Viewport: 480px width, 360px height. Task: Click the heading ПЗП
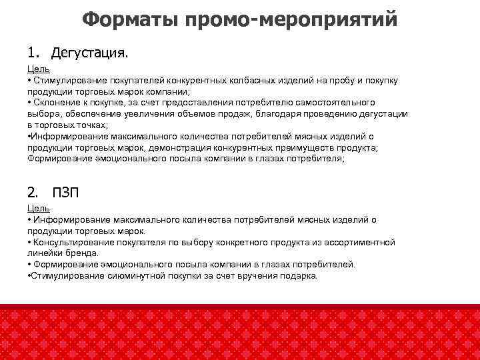[x=65, y=193]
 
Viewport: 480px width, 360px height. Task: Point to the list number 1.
[x=33, y=51]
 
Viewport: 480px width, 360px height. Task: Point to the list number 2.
[x=33, y=193]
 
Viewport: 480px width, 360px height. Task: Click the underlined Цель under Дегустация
[x=39, y=69]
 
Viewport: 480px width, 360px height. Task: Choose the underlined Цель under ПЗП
[x=39, y=209]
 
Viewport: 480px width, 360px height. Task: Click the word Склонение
[x=55, y=103]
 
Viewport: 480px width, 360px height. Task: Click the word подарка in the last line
[x=301, y=276]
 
